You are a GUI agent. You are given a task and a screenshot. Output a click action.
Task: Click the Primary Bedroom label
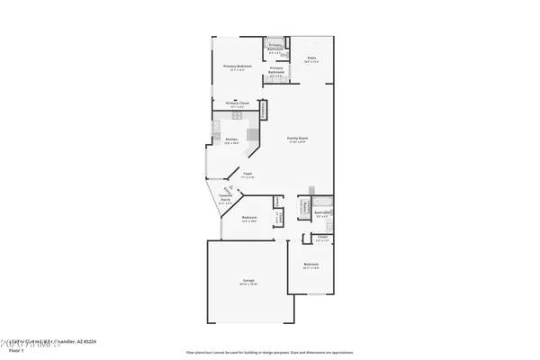point(238,67)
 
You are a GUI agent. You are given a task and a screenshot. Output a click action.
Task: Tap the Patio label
point(311,58)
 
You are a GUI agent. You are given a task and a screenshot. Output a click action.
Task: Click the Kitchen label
point(231,139)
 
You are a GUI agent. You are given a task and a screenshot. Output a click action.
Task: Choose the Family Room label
point(297,139)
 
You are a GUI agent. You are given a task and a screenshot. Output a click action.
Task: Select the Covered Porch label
point(226,199)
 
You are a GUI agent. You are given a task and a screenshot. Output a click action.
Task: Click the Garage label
point(248,281)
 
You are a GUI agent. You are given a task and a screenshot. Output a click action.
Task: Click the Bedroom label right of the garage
point(311,265)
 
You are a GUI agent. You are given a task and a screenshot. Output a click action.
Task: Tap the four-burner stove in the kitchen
point(238,116)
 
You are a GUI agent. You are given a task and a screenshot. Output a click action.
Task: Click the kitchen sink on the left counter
point(217,135)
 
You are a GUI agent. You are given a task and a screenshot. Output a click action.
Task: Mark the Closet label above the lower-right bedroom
point(322,237)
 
